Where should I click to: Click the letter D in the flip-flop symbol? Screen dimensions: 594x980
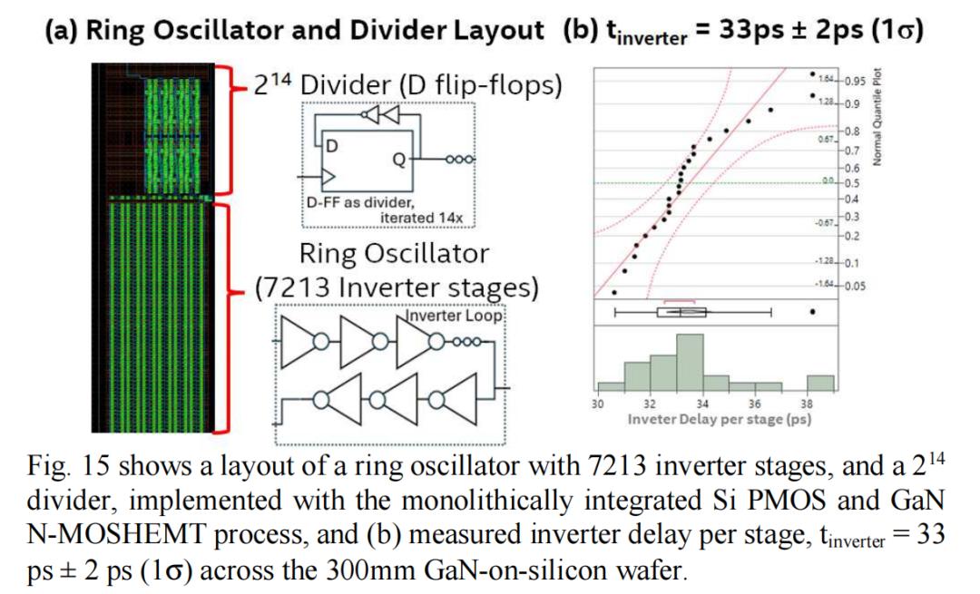pos(332,146)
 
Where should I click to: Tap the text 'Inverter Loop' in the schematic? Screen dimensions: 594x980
pos(452,316)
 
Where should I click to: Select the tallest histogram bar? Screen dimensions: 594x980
pos(691,364)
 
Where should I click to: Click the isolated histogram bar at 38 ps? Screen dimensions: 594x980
pos(821,384)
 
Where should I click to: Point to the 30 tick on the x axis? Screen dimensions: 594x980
pos(597,404)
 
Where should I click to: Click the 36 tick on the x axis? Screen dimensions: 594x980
pos(755,404)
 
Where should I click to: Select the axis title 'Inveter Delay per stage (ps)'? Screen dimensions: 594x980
pos(720,420)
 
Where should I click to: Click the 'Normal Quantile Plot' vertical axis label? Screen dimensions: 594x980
pos(877,119)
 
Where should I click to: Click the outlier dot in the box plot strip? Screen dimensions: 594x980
pos(813,312)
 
